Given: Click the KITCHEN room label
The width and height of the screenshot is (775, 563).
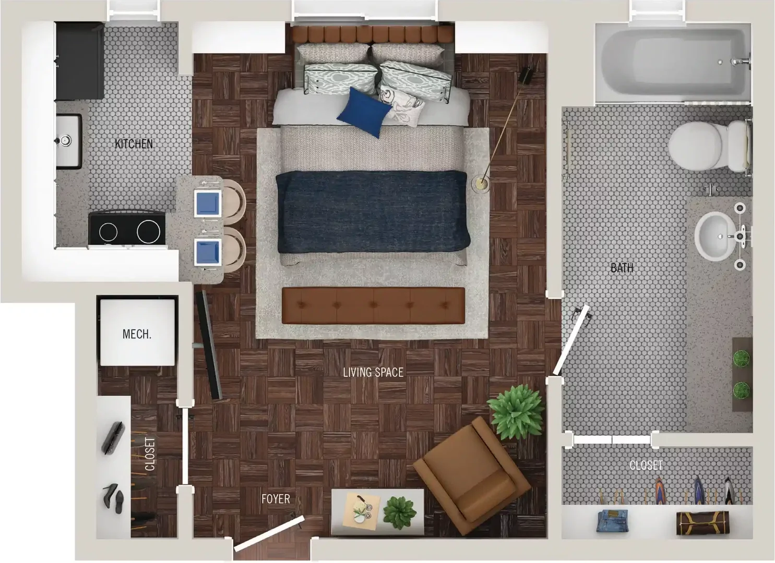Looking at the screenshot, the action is click(134, 144).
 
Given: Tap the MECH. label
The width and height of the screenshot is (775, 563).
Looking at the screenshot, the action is click(137, 334).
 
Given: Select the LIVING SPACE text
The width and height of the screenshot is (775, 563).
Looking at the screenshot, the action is click(373, 372).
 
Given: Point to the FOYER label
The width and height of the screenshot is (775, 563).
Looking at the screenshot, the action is click(276, 499).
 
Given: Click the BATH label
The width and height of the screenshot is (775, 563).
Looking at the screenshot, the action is click(622, 268).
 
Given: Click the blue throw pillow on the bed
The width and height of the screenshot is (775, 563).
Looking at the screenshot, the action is click(364, 112).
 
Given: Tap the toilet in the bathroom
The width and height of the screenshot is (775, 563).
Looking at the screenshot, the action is click(709, 146).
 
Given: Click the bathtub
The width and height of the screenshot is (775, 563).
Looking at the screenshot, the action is click(673, 63).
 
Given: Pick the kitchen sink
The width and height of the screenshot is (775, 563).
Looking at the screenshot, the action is click(69, 141).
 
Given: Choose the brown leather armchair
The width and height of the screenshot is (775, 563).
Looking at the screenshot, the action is click(472, 477).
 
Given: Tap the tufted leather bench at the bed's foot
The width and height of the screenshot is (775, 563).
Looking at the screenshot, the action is click(373, 305).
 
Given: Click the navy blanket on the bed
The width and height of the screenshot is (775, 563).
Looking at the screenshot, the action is click(373, 212).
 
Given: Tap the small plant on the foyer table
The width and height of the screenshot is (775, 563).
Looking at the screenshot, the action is click(400, 512).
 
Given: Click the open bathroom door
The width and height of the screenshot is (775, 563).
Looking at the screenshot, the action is click(570, 340).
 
